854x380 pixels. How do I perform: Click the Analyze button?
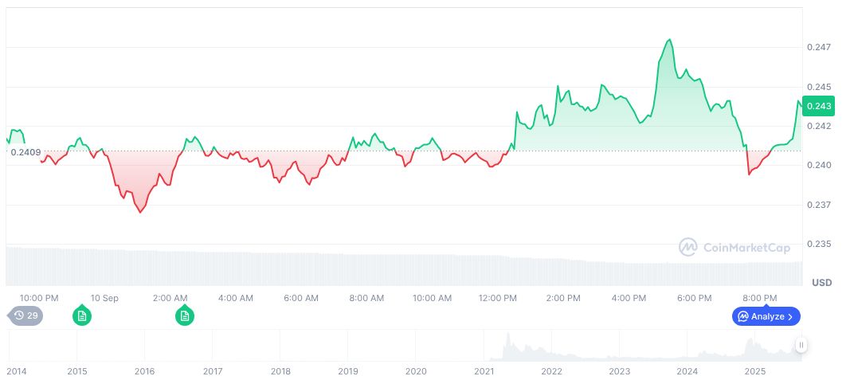766,316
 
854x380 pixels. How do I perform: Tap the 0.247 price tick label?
819,47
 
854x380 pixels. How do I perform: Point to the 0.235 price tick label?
819,244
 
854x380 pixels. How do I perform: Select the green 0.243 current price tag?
819,106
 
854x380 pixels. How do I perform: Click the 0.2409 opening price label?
25,151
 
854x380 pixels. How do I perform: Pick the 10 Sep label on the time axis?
104,298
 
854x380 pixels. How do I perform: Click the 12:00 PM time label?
497,298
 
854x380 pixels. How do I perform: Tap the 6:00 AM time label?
301,298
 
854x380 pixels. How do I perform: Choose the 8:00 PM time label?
759,298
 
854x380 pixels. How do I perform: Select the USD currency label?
821,283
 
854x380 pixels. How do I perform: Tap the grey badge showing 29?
27,316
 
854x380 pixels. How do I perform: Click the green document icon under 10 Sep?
81,316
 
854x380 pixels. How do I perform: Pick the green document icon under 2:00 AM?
184,316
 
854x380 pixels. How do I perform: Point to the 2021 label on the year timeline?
484,371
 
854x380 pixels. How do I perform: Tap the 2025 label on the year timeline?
754,371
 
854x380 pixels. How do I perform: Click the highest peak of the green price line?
669,40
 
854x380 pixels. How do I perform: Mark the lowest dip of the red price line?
141,213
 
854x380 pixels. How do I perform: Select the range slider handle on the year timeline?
801,345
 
